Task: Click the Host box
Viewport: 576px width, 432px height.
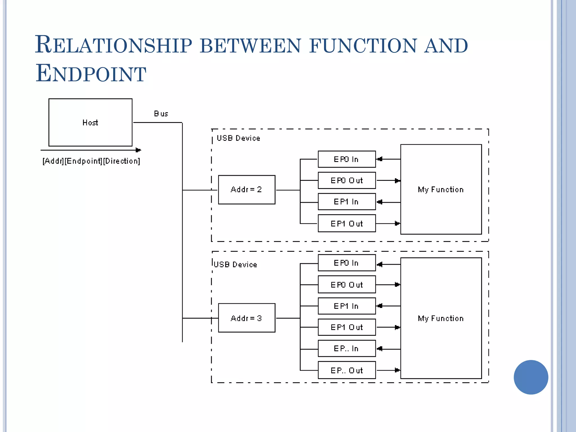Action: click(x=90, y=122)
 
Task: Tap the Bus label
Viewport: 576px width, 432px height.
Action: click(x=161, y=114)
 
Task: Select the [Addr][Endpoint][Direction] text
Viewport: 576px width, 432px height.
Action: click(x=91, y=161)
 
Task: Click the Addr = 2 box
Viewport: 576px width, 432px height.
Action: click(x=247, y=190)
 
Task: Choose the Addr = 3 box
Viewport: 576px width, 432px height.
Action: click(x=247, y=318)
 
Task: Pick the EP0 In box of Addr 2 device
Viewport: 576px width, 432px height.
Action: click(x=346, y=159)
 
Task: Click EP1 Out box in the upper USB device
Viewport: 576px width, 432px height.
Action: click(x=346, y=223)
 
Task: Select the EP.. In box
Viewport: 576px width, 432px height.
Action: click(x=346, y=348)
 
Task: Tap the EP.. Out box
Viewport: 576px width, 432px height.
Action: click(x=346, y=370)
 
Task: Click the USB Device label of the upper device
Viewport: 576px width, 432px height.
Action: click(x=238, y=138)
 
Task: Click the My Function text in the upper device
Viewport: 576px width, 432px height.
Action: click(x=440, y=190)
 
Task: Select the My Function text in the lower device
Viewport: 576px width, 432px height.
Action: click(x=440, y=318)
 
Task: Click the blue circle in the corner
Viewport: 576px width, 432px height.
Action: click(x=531, y=377)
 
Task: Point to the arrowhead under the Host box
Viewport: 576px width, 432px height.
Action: click(x=138, y=150)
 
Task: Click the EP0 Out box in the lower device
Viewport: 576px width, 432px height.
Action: click(x=346, y=284)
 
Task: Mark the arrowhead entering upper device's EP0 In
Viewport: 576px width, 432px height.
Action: click(x=380, y=159)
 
